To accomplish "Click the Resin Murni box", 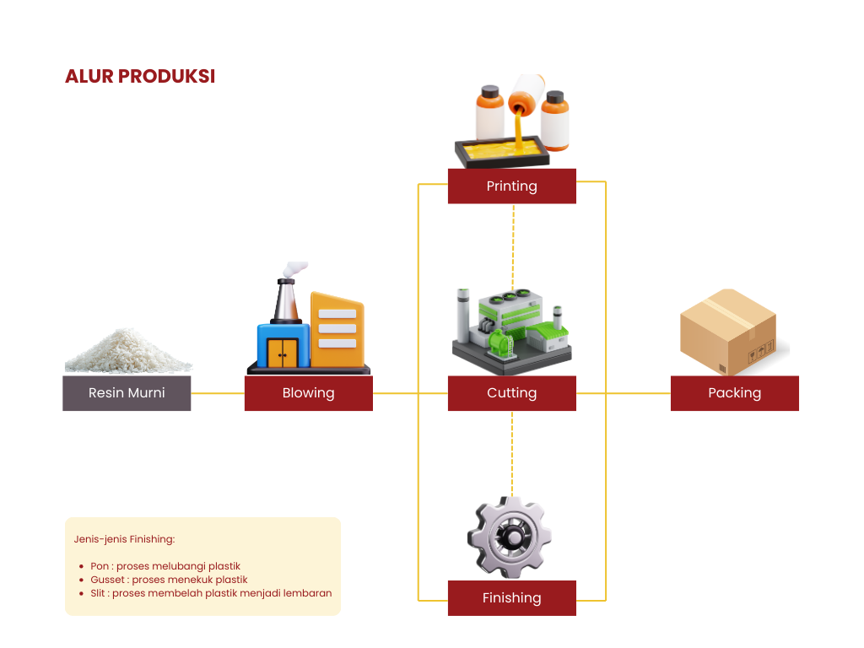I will click(127, 393).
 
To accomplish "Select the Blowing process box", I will click(308, 393).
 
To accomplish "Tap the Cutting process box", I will click(511, 393).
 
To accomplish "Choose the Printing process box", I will click(511, 186).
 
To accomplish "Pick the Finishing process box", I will click(511, 597).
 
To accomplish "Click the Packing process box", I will click(734, 393).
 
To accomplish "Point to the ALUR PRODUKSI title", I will click(140, 76).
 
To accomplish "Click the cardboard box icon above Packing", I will click(727, 332).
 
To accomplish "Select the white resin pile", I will click(127, 353).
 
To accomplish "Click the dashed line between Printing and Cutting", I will click(512, 245).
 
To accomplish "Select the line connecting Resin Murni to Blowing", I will click(218, 393).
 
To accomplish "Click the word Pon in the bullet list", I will click(100, 566).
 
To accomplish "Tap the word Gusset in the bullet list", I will click(107, 580).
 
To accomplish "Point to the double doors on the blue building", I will click(282, 353).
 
